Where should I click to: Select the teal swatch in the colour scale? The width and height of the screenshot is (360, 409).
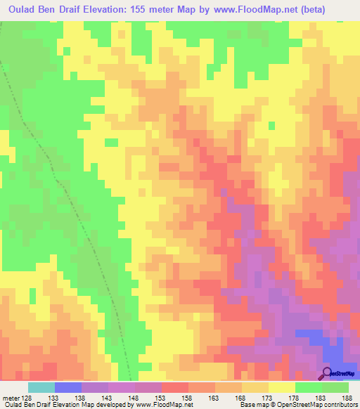[41, 387]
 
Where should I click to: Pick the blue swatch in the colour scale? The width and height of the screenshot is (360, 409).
[68, 387]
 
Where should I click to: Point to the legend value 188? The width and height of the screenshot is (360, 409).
[349, 397]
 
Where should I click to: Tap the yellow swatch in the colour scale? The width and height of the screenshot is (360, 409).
[282, 387]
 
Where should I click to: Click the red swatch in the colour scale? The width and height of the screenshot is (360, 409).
[175, 387]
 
